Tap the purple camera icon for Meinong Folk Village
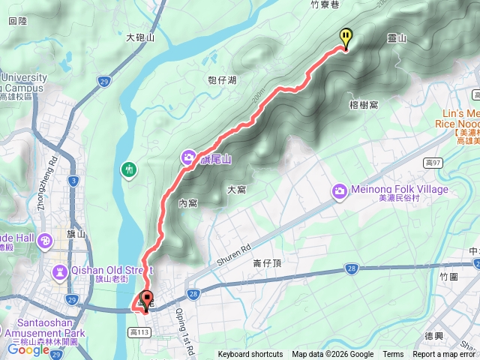340,193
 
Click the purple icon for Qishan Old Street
59,271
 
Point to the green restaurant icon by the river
130,170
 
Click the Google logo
28,349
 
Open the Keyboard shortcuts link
250,355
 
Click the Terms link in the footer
393,355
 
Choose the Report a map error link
443,355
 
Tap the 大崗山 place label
140,36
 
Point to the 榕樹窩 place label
364,105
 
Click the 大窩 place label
237,190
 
